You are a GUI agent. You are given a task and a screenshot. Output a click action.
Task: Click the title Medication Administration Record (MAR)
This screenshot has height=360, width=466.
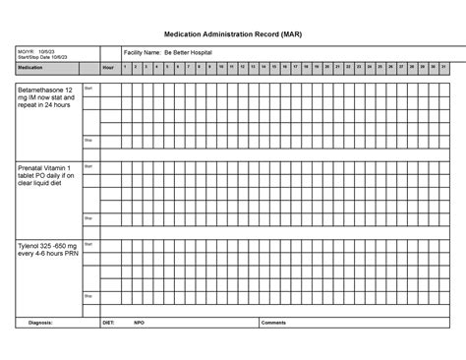pos(233,32)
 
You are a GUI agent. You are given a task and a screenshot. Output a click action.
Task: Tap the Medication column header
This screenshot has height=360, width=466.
pos(30,67)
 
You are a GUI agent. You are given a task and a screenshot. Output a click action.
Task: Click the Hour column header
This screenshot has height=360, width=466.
pos(108,67)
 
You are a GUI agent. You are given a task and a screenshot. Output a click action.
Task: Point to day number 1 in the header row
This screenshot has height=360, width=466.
pos(125,67)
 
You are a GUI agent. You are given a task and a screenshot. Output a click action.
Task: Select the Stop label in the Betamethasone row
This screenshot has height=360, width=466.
pos(88,141)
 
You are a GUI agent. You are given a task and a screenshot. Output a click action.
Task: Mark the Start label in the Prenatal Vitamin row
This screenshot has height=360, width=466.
pos(88,167)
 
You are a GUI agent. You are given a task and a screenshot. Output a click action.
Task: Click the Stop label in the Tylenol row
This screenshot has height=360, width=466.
pos(88,295)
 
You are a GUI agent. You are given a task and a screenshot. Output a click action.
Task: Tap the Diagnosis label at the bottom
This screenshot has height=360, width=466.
pos(40,322)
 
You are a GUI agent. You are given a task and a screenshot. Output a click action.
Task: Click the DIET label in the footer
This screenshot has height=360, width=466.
pos(108,322)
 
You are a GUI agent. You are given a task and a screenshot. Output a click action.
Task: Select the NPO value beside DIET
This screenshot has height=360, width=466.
pos(140,322)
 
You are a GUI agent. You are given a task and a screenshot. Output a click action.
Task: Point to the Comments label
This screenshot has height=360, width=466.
pos(273,322)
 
